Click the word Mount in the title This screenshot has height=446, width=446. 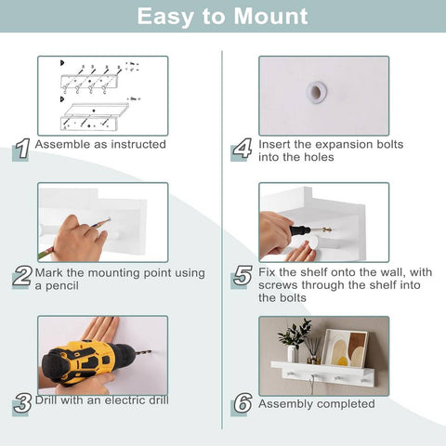[x=271, y=16]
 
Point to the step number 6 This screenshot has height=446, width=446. [x=243, y=403]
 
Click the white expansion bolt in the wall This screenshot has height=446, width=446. [x=316, y=91]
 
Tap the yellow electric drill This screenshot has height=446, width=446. [x=90, y=361]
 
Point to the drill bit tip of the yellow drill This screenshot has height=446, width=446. [x=151, y=351]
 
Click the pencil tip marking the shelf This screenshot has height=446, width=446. [x=110, y=219]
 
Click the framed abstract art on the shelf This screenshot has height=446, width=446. [x=345, y=348]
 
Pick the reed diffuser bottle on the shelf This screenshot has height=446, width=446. [x=313, y=350]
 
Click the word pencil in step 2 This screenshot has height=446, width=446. [x=62, y=286]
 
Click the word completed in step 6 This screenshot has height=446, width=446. [x=346, y=404]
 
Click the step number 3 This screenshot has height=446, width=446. [x=22, y=403]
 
